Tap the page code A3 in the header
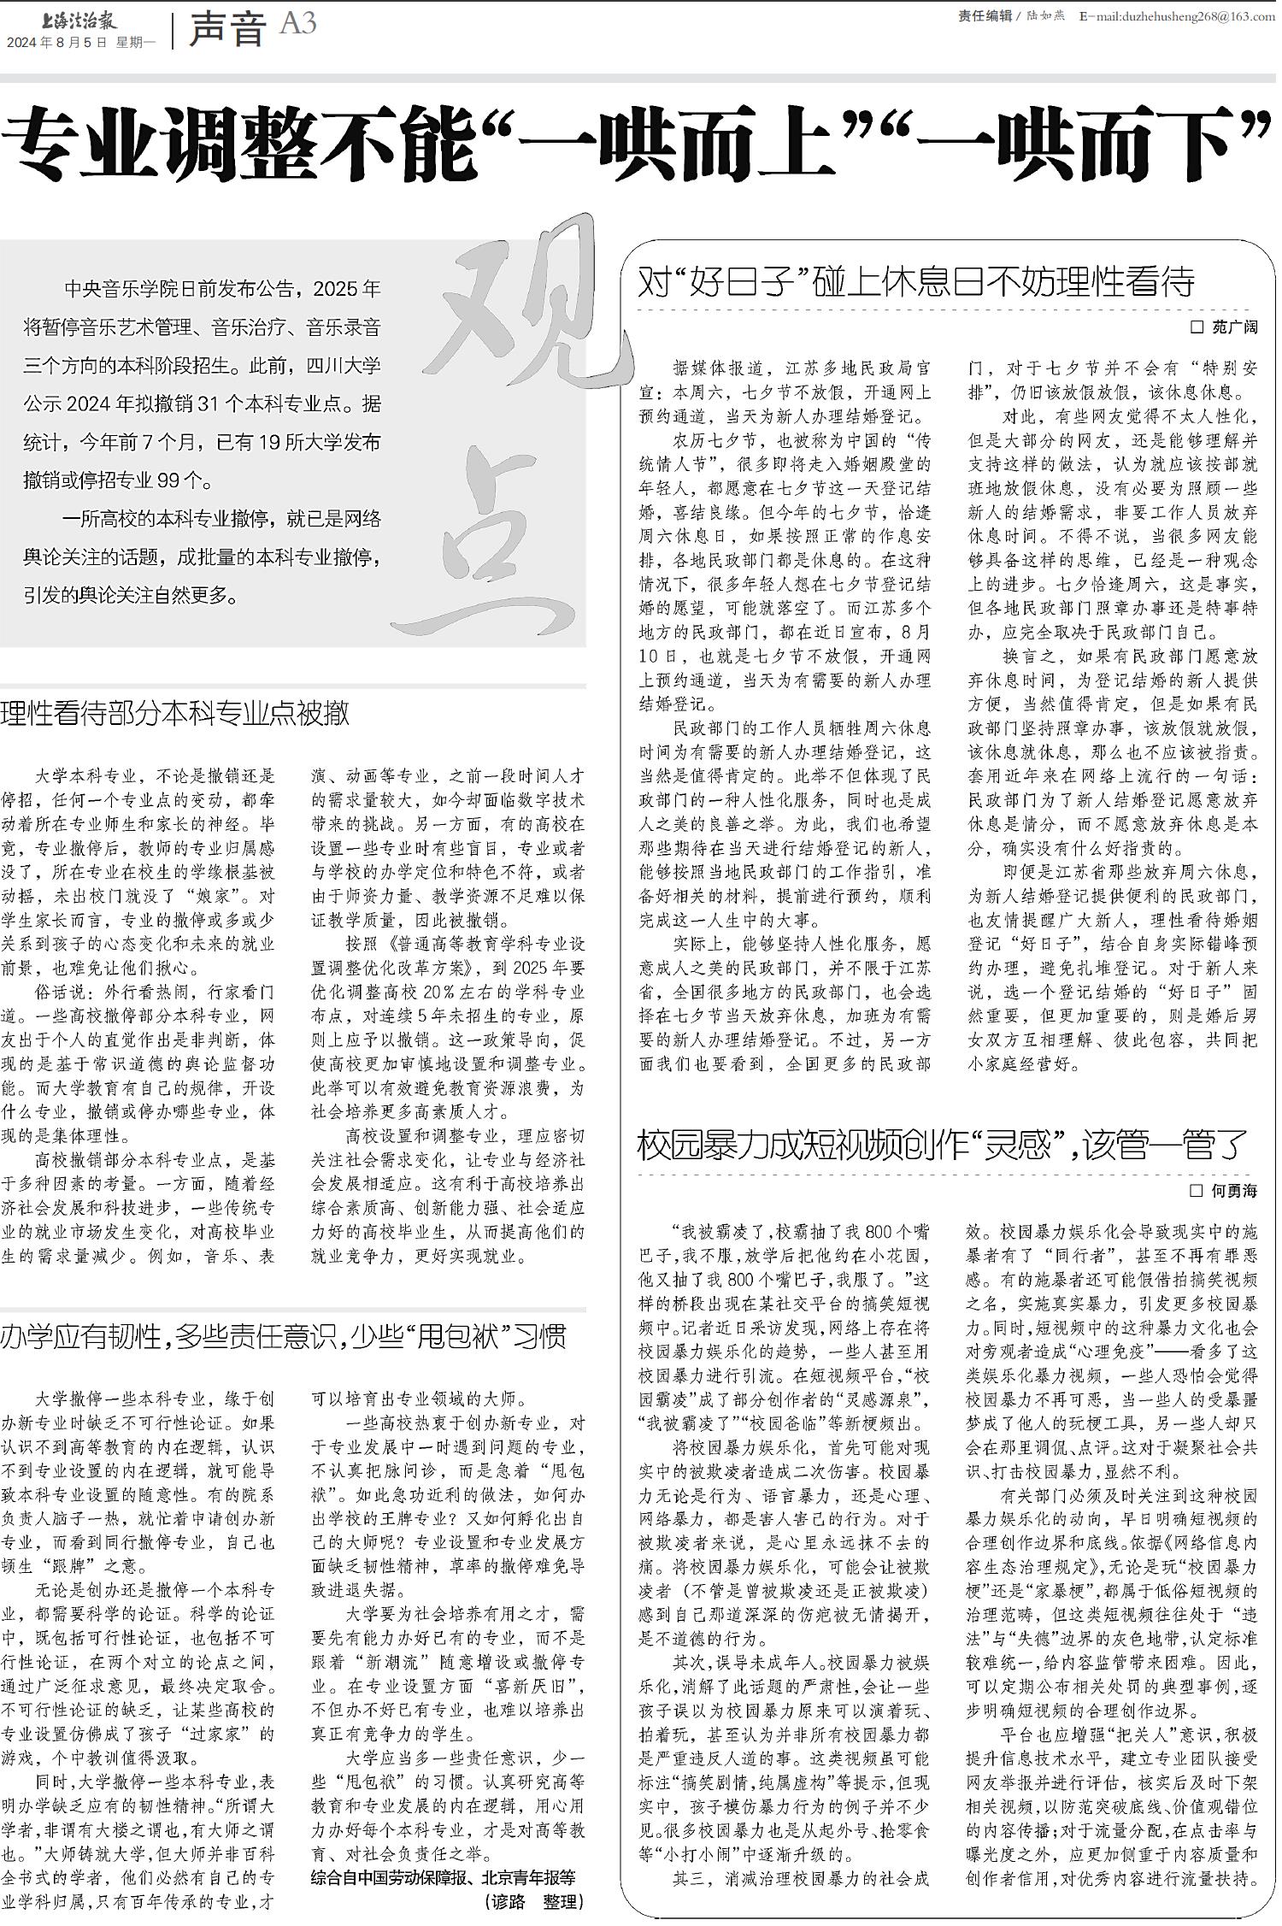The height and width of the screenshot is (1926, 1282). point(297,24)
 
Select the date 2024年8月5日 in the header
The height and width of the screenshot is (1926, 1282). point(57,42)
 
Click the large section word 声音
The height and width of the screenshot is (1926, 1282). point(226,29)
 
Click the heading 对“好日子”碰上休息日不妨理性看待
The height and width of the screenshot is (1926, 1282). point(916,281)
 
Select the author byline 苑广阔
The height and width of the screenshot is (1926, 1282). point(1235,327)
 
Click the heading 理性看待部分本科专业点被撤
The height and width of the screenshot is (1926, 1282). point(175,712)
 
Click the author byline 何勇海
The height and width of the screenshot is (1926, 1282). point(1235,1190)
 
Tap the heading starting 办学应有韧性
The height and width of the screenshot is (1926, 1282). point(283,1335)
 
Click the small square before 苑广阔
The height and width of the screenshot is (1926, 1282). point(1197,327)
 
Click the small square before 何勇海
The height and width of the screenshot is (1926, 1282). point(1197,1190)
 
